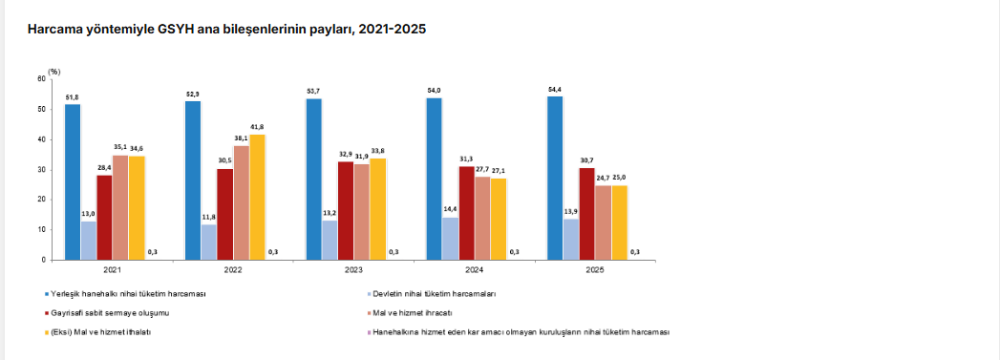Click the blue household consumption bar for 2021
(73, 182)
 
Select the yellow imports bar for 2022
(258, 198)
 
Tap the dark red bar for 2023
(346, 211)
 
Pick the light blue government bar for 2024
(450, 239)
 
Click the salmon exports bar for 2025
(604, 223)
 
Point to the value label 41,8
(257, 127)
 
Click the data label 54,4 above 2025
(555, 89)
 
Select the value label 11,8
(209, 218)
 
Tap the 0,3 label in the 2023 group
(394, 252)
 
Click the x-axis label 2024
(474, 270)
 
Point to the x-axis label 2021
(113, 270)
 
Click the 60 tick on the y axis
(42, 79)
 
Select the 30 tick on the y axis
(42, 169)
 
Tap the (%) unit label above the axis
(53, 72)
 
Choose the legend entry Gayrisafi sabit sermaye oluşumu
(110, 313)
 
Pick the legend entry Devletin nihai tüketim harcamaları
(435, 294)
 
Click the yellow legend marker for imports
(46, 332)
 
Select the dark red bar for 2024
(467, 213)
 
